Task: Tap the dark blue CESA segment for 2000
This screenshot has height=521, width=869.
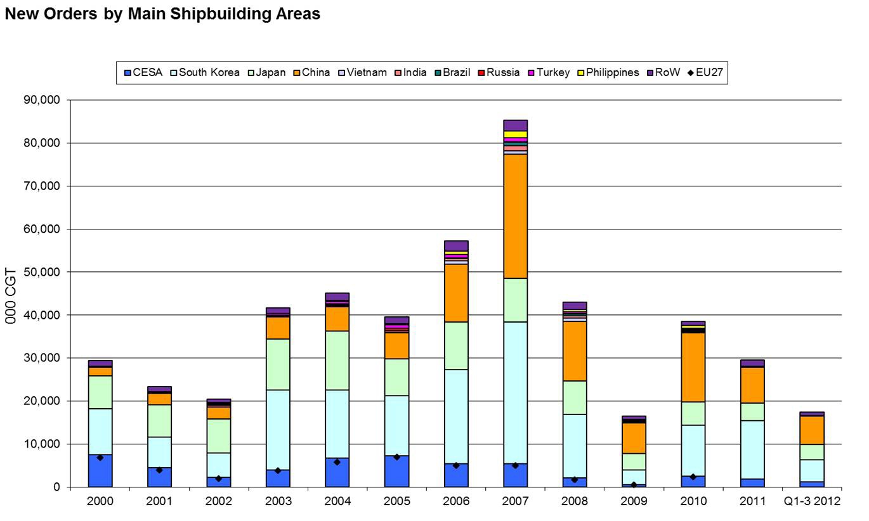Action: click(x=100, y=471)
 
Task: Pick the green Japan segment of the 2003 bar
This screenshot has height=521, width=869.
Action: click(x=278, y=364)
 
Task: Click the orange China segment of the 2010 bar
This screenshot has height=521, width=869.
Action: click(x=693, y=367)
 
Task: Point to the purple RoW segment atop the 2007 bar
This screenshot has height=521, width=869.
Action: click(x=515, y=125)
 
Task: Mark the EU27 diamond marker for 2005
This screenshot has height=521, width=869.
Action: click(x=396, y=456)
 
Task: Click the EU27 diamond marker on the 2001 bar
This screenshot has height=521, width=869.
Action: click(x=159, y=470)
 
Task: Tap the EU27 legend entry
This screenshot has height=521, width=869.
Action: click(x=705, y=72)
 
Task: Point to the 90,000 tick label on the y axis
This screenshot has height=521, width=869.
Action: click(x=41, y=100)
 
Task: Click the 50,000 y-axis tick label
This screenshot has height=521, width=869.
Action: click(x=41, y=272)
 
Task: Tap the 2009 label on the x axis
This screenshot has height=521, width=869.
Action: click(x=634, y=501)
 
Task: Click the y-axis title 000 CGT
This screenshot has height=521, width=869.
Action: click(x=11, y=295)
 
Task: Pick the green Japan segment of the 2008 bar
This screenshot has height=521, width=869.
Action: click(x=574, y=397)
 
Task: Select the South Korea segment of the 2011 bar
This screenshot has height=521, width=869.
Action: click(x=752, y=449)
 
